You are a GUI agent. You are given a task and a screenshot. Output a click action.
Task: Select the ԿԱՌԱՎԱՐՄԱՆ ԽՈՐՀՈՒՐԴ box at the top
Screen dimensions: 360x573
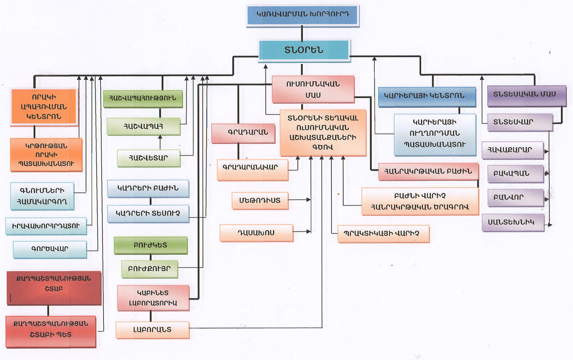303,15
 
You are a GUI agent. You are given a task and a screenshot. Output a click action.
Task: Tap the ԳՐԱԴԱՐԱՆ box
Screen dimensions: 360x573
243,133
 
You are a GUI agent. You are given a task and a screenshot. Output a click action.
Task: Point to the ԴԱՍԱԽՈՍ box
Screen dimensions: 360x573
256,233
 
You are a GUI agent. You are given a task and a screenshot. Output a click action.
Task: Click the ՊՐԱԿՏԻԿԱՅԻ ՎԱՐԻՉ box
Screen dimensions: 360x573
383,234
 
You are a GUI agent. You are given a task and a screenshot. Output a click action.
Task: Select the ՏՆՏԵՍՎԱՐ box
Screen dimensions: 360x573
520,122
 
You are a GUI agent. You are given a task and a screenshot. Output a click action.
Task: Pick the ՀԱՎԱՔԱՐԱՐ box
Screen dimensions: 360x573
512,150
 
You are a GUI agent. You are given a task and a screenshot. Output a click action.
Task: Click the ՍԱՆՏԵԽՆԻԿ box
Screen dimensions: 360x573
513,222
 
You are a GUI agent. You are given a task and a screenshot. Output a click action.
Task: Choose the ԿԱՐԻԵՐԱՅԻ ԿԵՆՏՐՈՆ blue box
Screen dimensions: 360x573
427,96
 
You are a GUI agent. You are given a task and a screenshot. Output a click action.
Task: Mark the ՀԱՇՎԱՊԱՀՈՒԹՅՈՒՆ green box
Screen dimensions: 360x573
143,98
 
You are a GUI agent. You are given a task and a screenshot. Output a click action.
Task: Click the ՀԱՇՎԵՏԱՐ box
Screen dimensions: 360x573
149,158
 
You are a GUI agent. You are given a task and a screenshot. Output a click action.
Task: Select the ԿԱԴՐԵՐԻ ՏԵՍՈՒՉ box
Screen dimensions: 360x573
148,213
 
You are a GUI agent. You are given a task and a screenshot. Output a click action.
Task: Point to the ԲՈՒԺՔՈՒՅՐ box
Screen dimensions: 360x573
149,269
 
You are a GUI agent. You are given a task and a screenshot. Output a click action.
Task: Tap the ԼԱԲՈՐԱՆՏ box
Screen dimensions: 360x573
152,330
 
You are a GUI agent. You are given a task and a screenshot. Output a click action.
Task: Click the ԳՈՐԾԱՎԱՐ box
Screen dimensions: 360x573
50,249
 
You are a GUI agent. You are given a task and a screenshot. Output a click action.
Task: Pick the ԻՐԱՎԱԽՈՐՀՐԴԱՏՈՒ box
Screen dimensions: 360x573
46,226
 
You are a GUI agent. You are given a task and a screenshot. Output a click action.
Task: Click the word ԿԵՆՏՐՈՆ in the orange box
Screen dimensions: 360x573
44,117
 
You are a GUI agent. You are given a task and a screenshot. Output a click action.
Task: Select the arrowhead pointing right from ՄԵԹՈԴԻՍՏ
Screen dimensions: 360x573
309,200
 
